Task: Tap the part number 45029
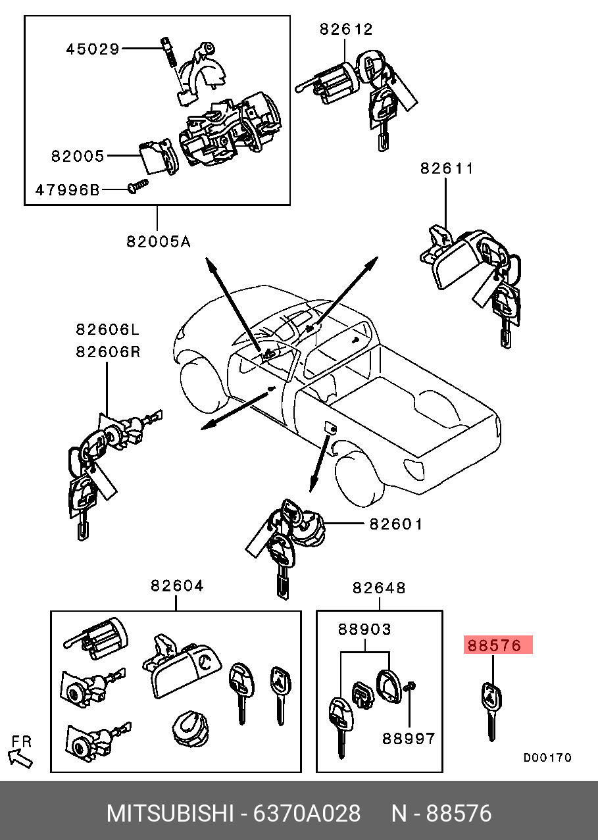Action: pos(93,49)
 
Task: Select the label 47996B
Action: pos(68,190)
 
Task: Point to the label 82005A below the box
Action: pos(159,242)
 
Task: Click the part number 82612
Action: pos(346,29)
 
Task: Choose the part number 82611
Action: pos(447,168)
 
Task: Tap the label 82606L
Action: pos(108,330)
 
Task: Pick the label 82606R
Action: pos(108,352)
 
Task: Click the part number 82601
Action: pos(396,524)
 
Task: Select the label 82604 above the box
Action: pos(177,585)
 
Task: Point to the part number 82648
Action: pos(379,588)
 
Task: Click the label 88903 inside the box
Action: pos(364,630)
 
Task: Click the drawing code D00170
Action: pos(547,758)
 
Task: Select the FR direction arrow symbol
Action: pos(20,758)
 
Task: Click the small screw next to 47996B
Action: pos(137,186)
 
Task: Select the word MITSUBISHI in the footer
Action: pos(170,814)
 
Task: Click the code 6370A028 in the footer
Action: pos(307,814)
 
